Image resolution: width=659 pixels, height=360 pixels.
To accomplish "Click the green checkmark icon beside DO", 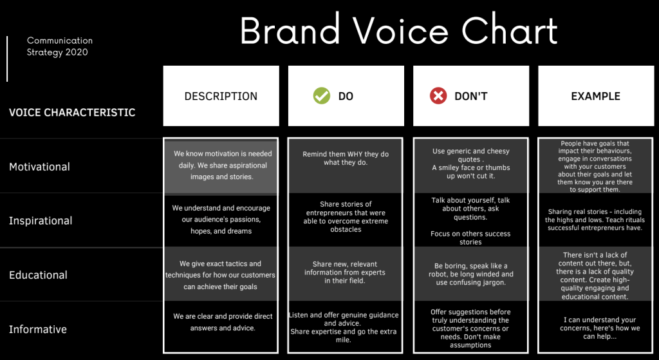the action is [x=322, y=96].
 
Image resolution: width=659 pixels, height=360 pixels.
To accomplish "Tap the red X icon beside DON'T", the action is [x=438, y=96].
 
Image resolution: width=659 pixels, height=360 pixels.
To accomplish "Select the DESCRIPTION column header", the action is [x=221, y=97].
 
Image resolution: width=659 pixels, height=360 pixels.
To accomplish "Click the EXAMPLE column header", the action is [x=595, y=97].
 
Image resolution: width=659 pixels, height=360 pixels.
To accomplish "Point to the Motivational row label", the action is [x=39, y=167].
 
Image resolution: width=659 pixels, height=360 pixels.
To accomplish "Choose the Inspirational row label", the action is [x=41, y=221].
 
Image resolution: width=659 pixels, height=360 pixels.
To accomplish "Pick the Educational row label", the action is [x=38, y=275].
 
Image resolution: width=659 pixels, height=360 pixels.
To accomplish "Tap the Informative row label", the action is [x=38, y=329].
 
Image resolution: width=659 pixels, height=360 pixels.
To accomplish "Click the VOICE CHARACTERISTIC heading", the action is [x=72, y=113].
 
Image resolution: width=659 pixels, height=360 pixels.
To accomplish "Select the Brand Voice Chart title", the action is [x=398, y=30].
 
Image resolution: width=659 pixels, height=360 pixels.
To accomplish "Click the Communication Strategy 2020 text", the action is [x=60, y=46].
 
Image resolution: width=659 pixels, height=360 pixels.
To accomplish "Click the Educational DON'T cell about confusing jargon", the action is [x=470, y=274].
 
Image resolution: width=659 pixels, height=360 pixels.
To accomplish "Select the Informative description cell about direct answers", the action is [x=223, y=322].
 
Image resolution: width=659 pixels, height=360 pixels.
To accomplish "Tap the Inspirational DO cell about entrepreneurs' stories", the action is [x=346, y=216].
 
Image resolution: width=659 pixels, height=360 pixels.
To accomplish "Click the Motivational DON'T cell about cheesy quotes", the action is [x=470, y=163].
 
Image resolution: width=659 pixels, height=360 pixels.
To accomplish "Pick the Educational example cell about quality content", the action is [x=595, y=276].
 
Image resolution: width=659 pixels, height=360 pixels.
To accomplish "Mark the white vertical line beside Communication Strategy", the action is [x=7, y=59].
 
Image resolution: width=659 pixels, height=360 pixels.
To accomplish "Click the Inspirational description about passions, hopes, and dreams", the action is [x=221, y=220].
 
